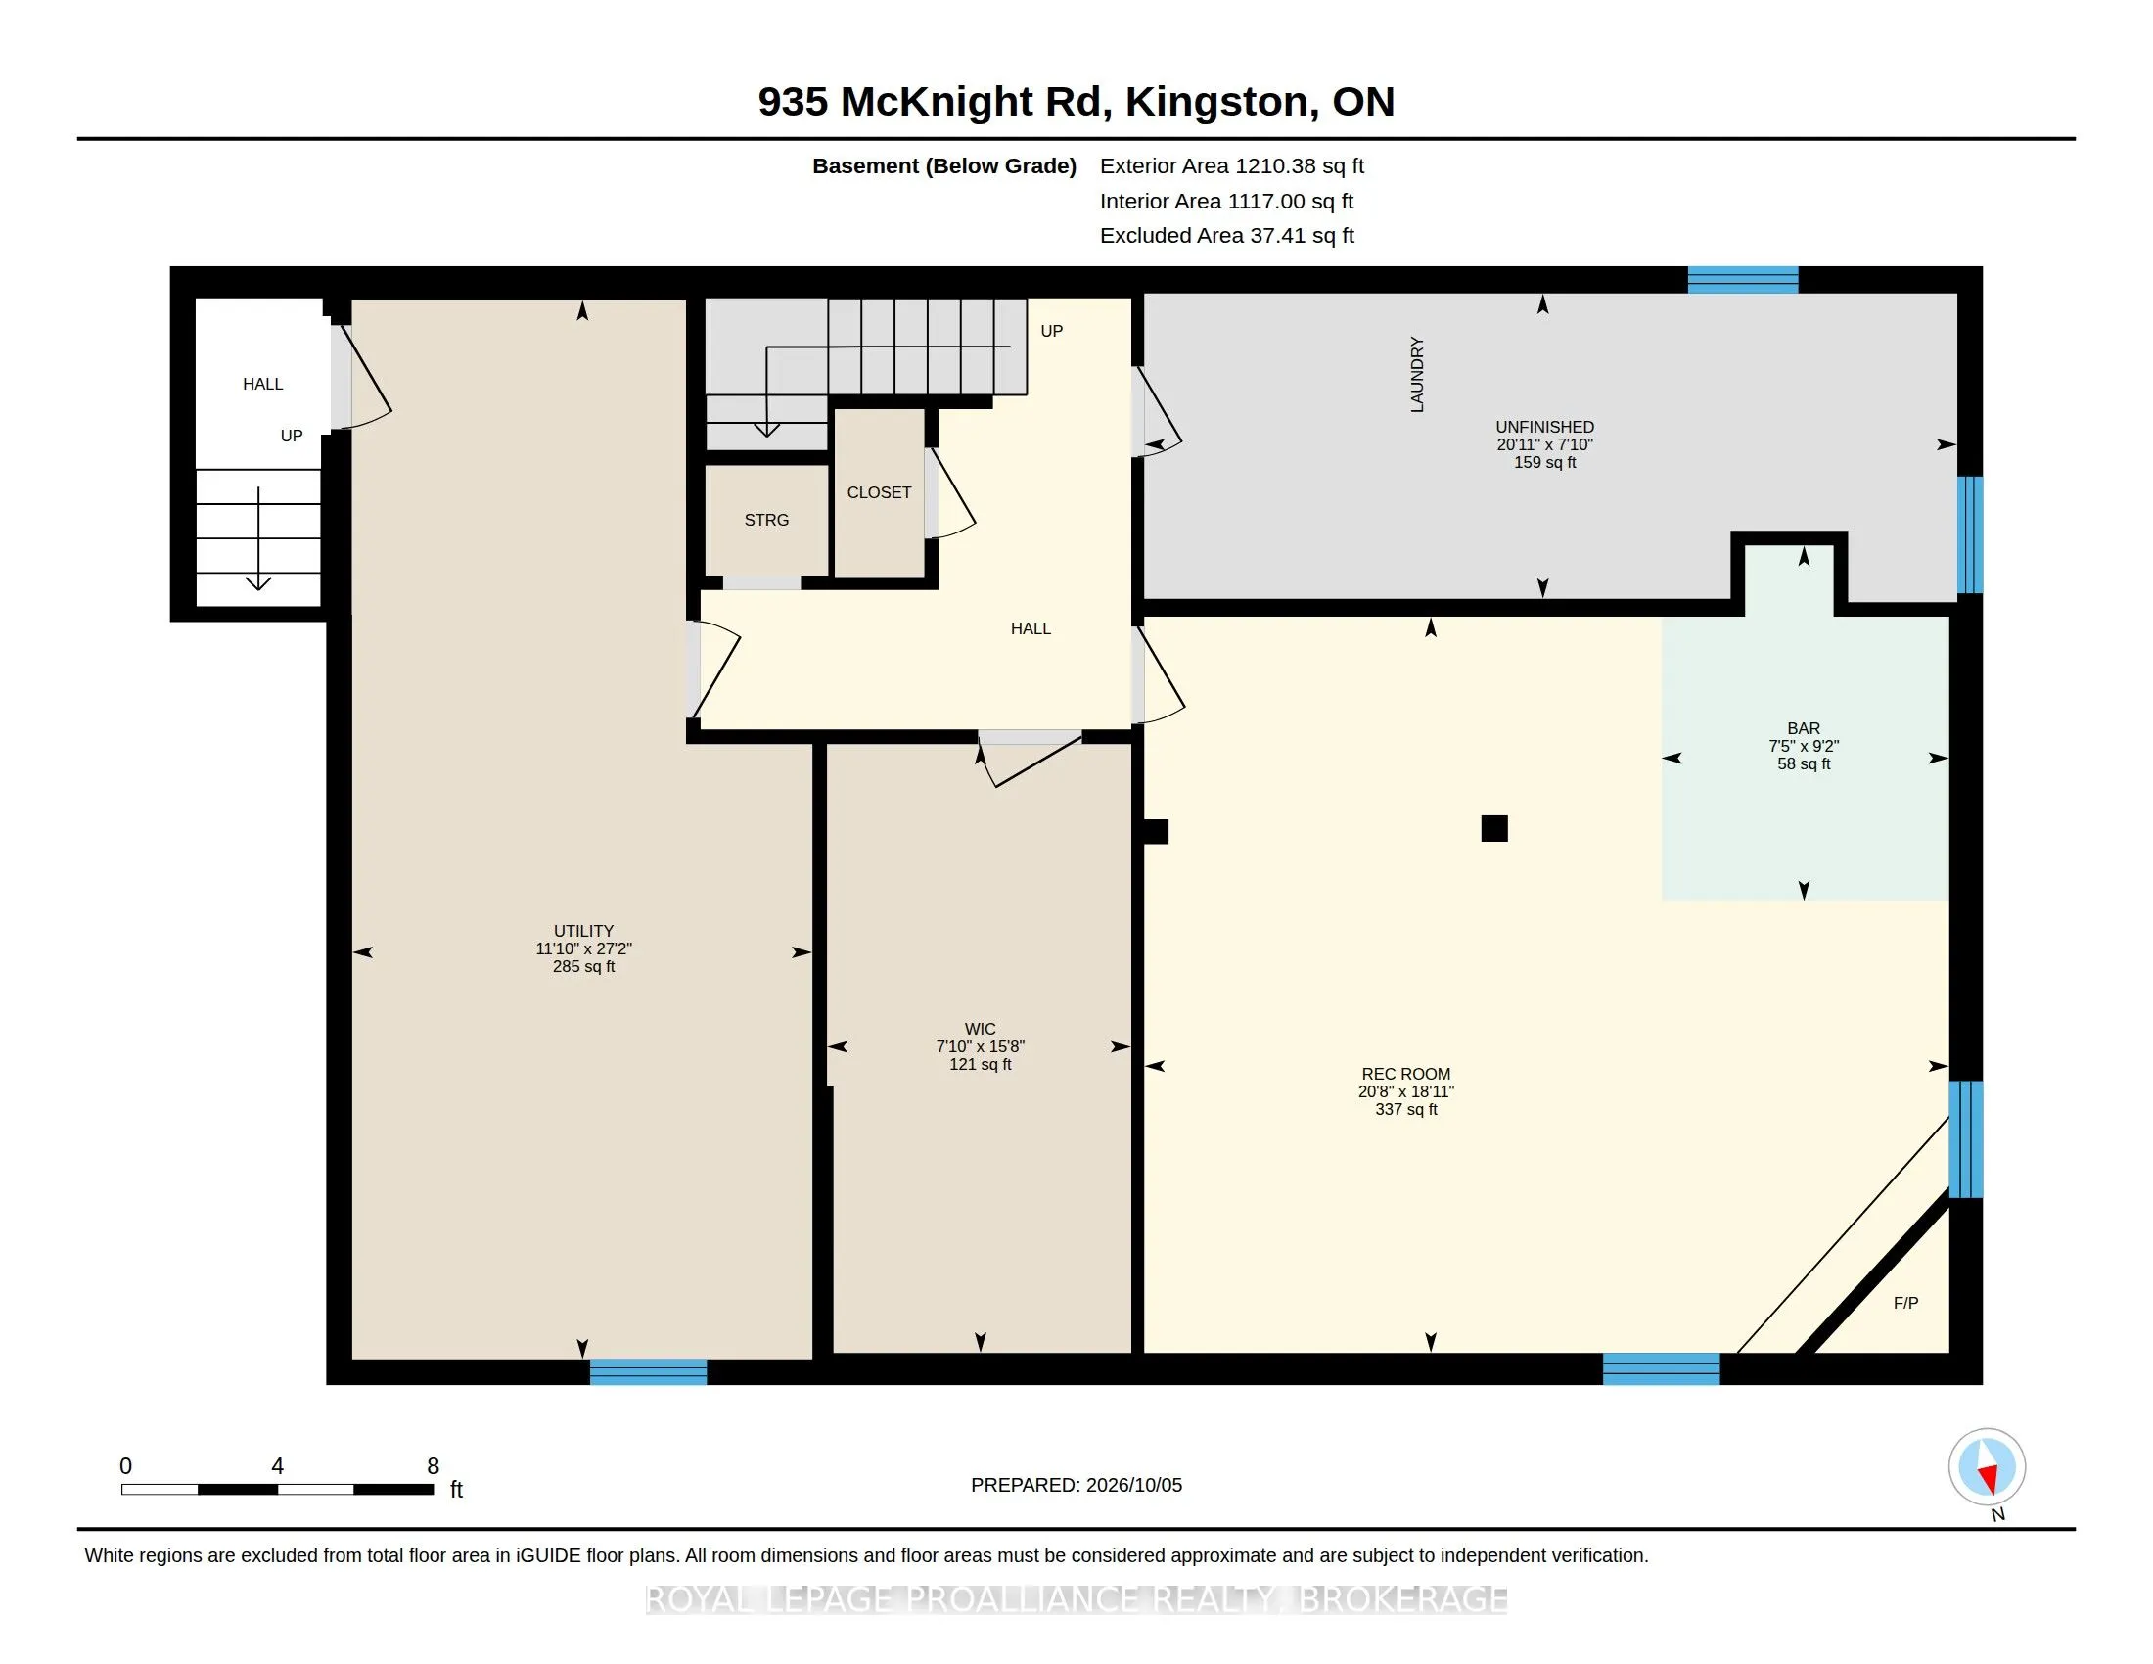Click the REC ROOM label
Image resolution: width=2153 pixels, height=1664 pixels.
[1405, 1074]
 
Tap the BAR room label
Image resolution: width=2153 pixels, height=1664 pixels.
[1803, 728]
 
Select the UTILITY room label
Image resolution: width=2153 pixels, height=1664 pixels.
[583, 931]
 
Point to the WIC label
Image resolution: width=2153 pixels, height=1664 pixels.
[980, 1028]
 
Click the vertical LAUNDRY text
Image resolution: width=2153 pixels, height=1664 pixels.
[1417, 375]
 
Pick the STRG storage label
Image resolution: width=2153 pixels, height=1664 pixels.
[766, 520]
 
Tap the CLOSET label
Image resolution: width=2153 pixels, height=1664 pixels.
[879, 492]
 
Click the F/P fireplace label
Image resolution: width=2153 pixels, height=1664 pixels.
[1905, 1302]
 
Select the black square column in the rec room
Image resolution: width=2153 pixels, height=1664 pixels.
[1494, 828]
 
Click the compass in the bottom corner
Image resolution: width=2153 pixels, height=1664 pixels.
[1988, 1468]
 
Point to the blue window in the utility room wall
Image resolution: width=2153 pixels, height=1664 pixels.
[648, 1371]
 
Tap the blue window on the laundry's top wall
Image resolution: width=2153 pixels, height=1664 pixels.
[1743, 280]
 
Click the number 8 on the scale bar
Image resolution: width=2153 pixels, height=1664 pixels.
[433, 1466]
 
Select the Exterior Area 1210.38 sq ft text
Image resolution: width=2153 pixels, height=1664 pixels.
[1231, 165]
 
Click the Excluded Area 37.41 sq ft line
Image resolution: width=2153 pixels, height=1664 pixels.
[1227, 235]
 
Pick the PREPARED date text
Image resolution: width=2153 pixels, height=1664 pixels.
[1076, 1485]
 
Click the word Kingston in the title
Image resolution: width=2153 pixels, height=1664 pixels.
[1216, 102]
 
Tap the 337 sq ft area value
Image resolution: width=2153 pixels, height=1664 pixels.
[1405, 1109]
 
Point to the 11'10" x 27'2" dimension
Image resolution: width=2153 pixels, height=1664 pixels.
[583, 948]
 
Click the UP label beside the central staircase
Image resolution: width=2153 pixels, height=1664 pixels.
[1052, 330]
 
